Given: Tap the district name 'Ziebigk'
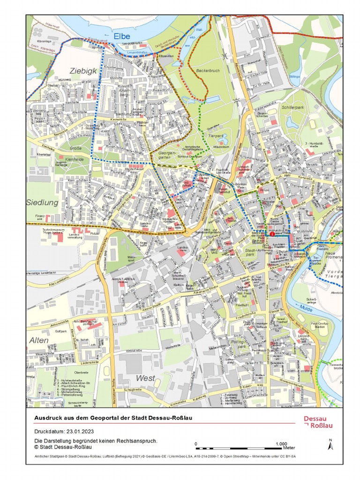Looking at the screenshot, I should pos(83,71).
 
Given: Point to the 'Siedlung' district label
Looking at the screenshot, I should pos(42,203).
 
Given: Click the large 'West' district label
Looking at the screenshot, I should pos(145,378).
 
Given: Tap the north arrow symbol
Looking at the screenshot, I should pos(330,444).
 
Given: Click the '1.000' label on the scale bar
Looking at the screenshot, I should pos(281,443).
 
